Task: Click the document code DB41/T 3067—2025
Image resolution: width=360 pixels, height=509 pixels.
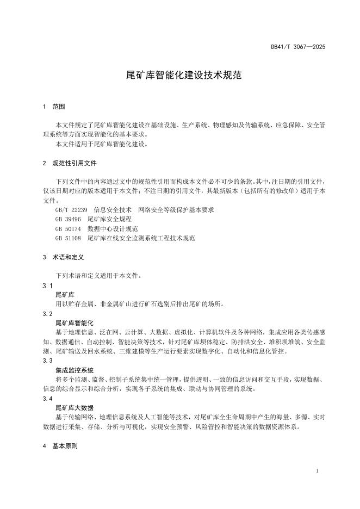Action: (x=298, y=47)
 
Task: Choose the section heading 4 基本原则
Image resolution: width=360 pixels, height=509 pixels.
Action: (x=60, y=446)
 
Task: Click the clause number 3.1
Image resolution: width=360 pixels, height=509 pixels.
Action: (x=47, y=285)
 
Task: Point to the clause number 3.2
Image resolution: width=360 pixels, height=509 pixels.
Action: (x=47, y=314)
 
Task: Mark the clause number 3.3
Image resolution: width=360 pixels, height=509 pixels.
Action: (x=47, y=361)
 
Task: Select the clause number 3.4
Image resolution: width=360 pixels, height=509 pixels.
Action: (x=47, y=399)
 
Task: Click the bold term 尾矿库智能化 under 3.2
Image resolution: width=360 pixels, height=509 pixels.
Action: (x=75, y=323)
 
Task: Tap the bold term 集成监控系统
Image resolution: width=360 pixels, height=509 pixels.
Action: (x=75, y=370)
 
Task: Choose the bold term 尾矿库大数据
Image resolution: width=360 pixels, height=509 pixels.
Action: (x=75, y=407)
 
